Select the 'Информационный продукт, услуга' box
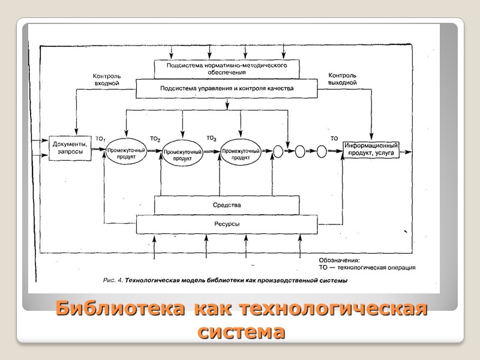[371, 148]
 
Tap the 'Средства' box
[227, 205]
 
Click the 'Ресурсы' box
[227, 224]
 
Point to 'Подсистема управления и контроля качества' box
[227, 88]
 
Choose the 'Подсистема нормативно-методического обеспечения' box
[227, 68]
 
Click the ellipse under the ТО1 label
[127, 151]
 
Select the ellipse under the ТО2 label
[182, 151]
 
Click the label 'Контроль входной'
[107, 80]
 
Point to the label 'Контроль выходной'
[343, 79]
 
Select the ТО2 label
[155, 139]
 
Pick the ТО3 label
[211, 137]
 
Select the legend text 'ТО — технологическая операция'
[367, 268]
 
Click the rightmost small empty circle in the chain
[322, 151]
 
